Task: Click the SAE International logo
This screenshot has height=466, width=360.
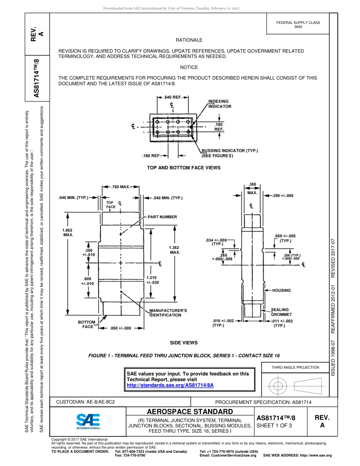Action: click(88, 421)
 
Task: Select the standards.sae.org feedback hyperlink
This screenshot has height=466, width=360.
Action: click(170, 385)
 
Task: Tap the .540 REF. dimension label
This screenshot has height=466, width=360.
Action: click(172, 97)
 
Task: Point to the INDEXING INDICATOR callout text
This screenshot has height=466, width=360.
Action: click(220, 104)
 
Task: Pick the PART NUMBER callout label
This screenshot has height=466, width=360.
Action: click(162, 217)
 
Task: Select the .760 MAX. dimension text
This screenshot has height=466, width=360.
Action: click(121, 187)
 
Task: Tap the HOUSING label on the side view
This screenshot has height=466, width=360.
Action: click(282, 290)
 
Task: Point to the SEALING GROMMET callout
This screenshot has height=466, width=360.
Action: click(281, 312)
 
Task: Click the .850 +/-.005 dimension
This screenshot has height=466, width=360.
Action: click(120, 328)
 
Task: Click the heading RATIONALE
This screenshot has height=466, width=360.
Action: click(189, 40)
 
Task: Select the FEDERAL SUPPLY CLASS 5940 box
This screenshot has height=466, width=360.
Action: click(298, 25)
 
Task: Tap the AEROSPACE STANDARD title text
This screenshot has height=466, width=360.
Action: click(189, 411)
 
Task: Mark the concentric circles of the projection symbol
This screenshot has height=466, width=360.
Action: click(279, 386)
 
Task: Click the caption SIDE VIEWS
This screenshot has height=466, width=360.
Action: click(184, 342)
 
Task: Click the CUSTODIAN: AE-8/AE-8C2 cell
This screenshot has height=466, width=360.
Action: click(85, 402)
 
